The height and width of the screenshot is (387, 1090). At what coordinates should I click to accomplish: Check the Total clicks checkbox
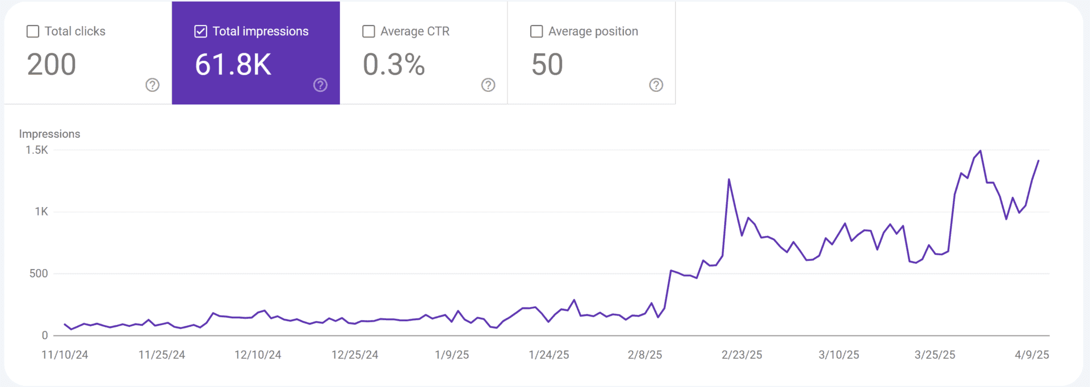33,32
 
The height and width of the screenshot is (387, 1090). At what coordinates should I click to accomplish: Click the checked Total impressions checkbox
200,32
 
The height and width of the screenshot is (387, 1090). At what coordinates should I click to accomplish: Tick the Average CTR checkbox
368,32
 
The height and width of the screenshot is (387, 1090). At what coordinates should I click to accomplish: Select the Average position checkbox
536,32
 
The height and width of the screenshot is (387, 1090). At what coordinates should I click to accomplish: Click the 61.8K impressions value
233,65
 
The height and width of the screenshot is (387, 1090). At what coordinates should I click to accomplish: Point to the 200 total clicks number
52,65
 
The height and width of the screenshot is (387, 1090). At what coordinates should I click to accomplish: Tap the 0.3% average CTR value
393,65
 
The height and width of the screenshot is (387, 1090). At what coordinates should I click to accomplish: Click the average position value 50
547,65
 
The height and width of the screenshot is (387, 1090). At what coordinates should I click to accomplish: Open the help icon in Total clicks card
152,85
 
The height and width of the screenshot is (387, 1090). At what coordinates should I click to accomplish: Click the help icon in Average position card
656,85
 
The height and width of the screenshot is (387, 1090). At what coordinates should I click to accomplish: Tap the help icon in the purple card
320,85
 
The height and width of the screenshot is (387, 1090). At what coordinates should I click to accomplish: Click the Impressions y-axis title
49,134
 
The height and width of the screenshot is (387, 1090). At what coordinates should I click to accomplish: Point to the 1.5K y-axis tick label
37,150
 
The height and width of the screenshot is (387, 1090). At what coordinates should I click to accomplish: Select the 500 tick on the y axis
39,274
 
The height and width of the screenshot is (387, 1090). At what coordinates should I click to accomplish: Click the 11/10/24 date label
65,355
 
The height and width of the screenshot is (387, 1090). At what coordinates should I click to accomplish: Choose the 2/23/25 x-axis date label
741,355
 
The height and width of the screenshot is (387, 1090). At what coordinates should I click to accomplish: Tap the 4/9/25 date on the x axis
1032,355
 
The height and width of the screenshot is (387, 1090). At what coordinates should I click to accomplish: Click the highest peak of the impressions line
980,151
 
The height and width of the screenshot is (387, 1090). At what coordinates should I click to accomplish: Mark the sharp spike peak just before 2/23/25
729,180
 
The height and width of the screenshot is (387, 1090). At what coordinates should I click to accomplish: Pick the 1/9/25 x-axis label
452,355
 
